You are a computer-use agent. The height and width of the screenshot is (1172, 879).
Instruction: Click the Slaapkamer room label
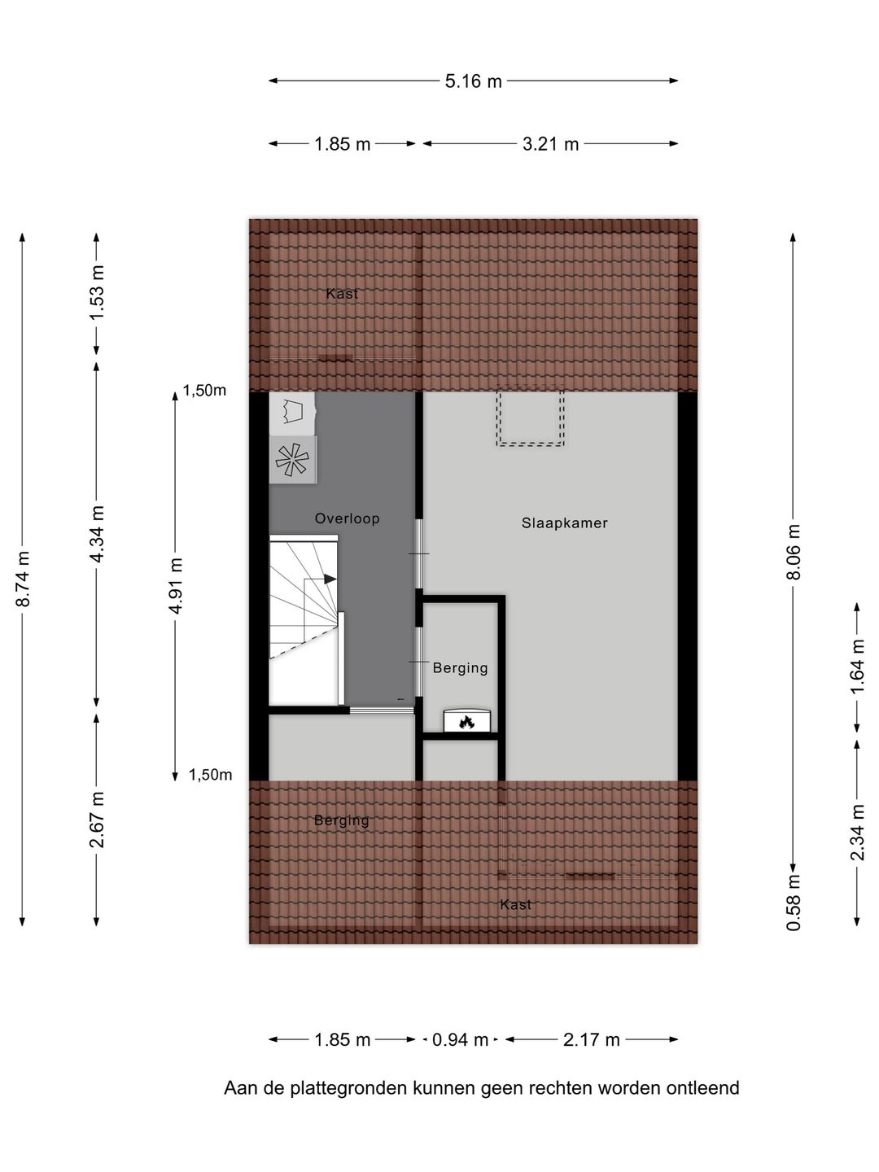point(564,523)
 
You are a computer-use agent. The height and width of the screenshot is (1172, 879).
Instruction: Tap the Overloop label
point(347,518)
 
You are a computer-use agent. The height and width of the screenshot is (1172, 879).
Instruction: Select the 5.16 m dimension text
point(473,81)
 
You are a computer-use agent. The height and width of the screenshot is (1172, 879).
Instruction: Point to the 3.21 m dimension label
point(550,144)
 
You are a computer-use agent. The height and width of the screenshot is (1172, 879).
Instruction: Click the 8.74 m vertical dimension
point(24,579)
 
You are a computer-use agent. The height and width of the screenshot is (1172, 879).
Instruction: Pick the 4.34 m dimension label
point(97,533)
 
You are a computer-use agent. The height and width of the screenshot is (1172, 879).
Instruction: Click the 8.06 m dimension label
point(794,552)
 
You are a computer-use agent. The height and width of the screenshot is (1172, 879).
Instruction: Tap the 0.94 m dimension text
point(460,1039)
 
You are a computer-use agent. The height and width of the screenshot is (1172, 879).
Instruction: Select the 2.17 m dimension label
point(591,1039)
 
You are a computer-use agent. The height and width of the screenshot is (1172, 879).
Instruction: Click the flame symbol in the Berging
point(466,721)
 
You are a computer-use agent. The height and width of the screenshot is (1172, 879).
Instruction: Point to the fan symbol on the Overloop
point(292,460)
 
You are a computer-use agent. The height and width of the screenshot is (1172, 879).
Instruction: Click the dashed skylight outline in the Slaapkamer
point(531,417)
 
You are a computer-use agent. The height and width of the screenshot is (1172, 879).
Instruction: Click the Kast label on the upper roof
point(342,294)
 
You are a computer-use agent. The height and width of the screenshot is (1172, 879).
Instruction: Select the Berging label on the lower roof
point(341,820)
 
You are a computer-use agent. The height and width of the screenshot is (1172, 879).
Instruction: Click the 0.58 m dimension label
point(794,902)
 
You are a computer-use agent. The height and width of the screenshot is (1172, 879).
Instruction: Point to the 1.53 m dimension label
point(97,292)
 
